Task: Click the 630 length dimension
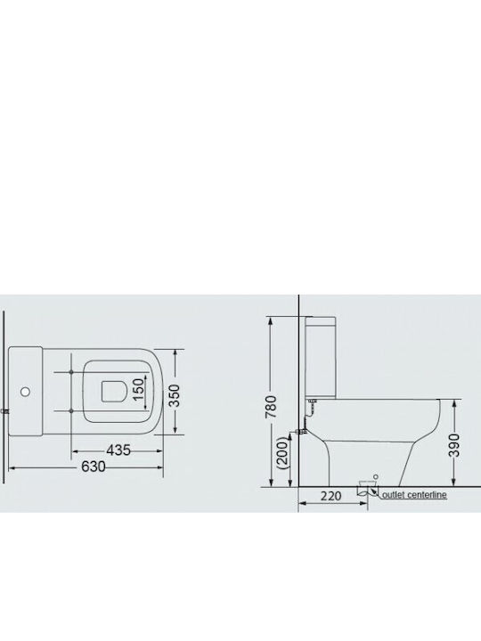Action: click(x=94, y=467)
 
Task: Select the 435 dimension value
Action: click(x=118, y=450)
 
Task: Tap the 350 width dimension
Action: click(x=175, y=395)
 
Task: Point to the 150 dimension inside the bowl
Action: click(x=139, y=389)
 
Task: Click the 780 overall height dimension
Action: click(x=271, y=407)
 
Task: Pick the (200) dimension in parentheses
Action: click(x=283, y=453)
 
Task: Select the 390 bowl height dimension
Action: click(x=455, y=445)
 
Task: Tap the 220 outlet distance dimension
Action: click(x=330, y=496)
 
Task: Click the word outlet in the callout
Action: click(x=393, y=495)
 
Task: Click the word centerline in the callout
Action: click(x=427, y=495)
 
